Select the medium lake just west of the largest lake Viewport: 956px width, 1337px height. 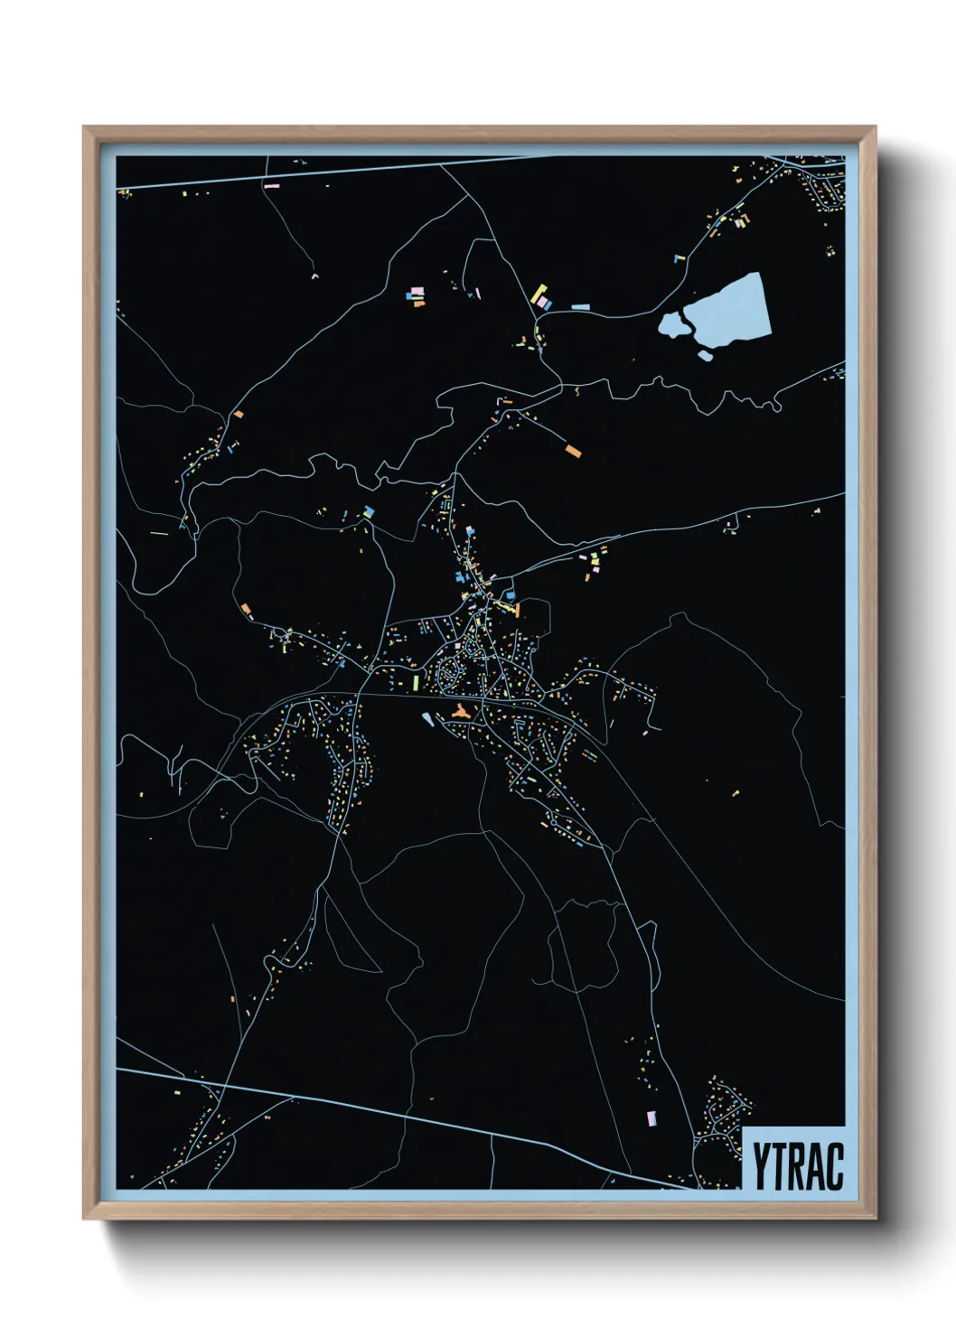coord(673,323)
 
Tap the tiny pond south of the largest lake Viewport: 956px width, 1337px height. coord(705,356)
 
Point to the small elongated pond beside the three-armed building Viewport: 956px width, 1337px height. coord(427,719)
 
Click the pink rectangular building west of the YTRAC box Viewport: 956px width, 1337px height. coord(651,1118)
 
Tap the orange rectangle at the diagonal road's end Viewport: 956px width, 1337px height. coord(573,450)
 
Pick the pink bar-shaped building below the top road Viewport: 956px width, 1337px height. coord(271,186)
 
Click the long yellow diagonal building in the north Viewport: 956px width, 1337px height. coord(539,294)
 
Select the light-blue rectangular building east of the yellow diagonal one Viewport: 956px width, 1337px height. coord(580,307)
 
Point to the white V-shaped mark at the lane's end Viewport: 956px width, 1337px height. coord(314,276)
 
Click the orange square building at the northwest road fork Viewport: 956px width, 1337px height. coord(239,415)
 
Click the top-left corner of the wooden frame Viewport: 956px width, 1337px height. coord(84,128)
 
